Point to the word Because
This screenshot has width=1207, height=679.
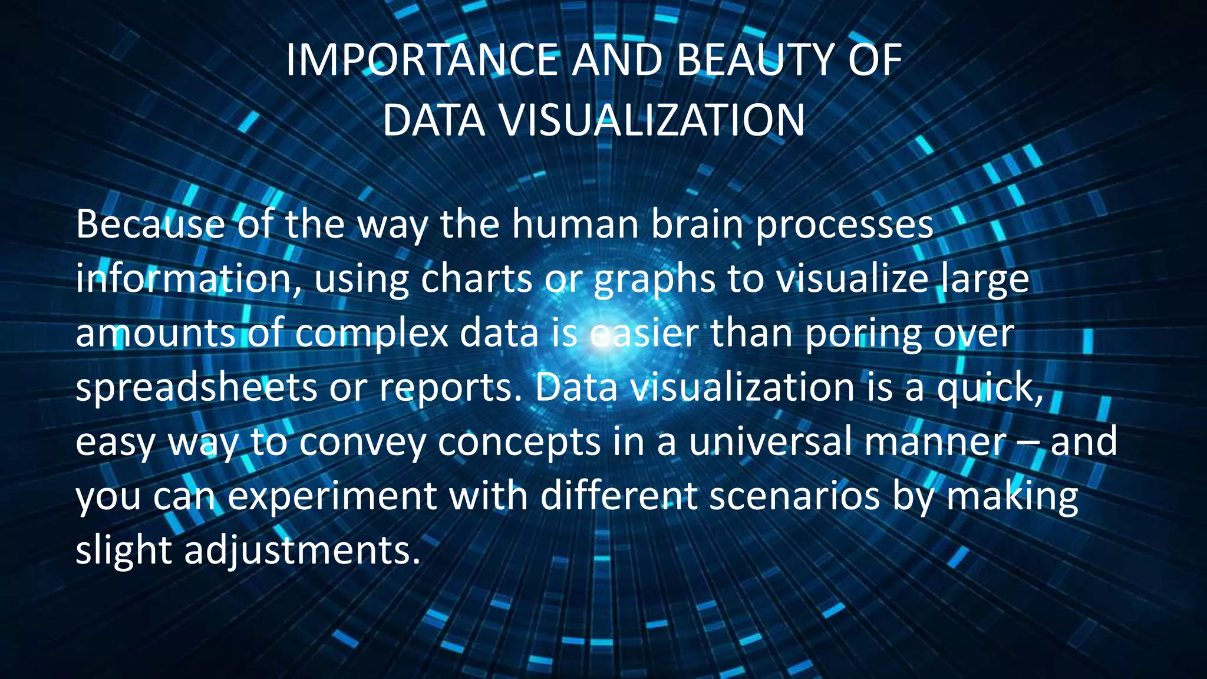(150, 225)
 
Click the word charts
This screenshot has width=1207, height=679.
(476, 279)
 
